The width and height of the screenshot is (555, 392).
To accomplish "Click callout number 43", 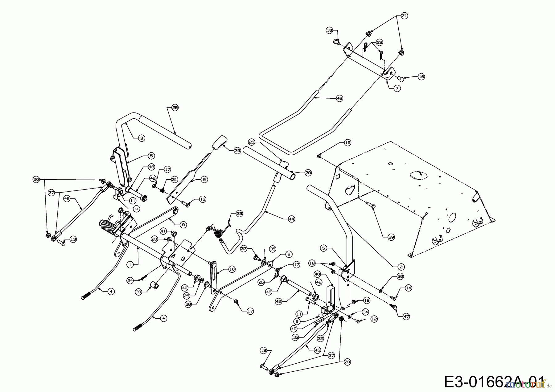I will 339,98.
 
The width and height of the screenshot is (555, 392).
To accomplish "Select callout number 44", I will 291,219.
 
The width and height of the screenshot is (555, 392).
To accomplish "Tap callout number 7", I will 397,88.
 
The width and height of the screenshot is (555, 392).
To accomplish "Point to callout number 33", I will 240,213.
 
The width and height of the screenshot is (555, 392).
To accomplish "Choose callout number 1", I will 130,264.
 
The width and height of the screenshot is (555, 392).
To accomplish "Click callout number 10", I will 232,269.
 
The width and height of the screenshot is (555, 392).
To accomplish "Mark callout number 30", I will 138,292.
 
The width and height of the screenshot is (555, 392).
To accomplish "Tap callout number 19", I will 347,143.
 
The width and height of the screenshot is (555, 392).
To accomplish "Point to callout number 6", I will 204,179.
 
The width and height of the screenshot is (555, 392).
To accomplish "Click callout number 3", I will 142,138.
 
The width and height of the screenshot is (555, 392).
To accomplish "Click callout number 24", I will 130,280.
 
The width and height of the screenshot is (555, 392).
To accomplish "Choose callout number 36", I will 400,277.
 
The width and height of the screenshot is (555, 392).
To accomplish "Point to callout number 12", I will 374,319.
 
